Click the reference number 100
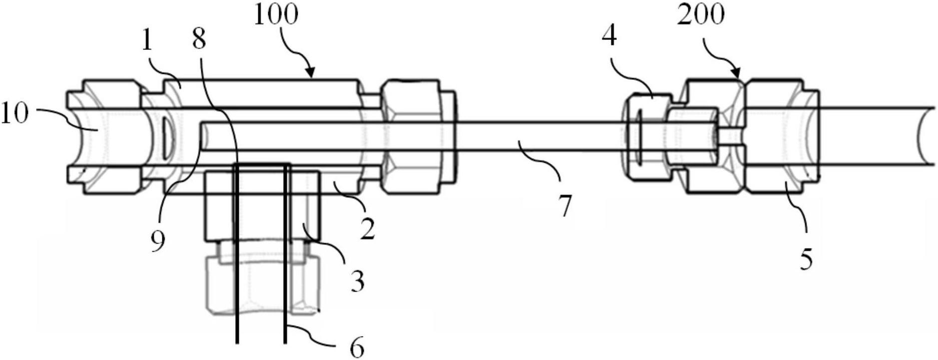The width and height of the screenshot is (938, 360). point(276,15)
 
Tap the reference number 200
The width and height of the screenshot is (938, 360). point(701,15)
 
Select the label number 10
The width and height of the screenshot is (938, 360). point(14,115)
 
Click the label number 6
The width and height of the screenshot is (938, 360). point(357,348)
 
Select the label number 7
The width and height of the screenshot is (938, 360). point(565,206)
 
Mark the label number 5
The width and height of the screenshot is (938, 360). point(806,260)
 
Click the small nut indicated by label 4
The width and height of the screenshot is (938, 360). point(647,136)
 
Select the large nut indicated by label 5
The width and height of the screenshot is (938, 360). point(781,135)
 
